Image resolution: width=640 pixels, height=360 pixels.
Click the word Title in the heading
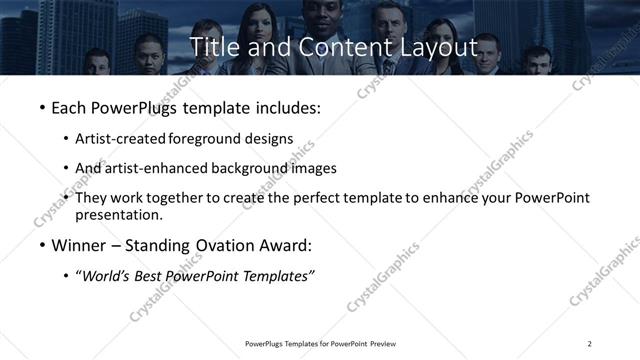(211, 47)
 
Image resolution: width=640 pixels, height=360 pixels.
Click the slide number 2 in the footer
(590, 343)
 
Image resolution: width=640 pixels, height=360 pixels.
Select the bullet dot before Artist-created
(67, 138)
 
